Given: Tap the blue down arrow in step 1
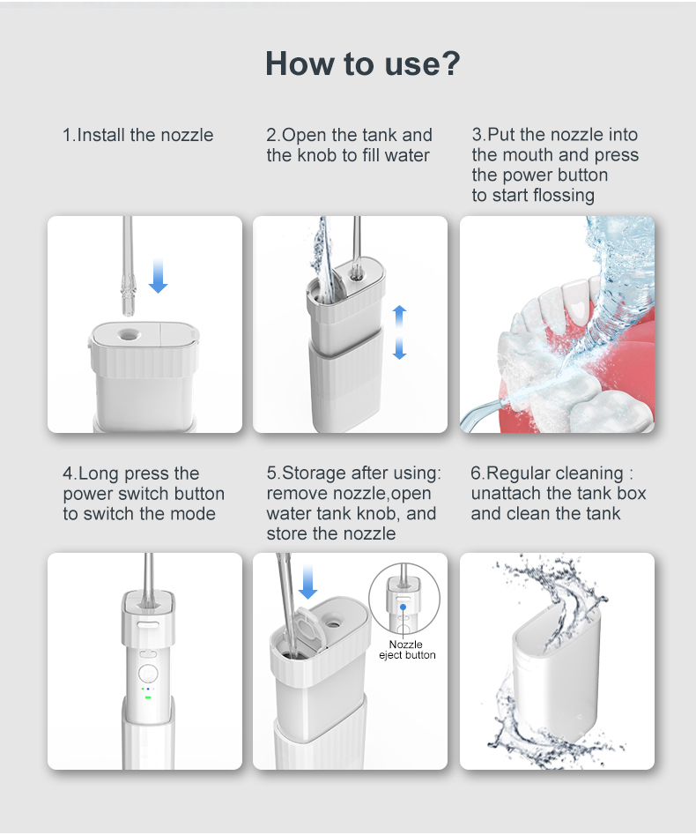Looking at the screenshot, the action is tap(158, 276).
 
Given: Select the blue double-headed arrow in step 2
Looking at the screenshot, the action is tap(400, 332).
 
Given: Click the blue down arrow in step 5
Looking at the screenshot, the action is tap(307, 582).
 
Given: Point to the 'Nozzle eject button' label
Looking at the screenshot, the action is tap(407, 650).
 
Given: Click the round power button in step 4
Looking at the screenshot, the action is tap(148, 673).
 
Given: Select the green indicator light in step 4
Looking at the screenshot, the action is tap(148, 697).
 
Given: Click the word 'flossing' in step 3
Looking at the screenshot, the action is tap(564, 196).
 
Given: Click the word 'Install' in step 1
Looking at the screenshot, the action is tap(101, 135).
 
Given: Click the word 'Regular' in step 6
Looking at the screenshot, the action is tap(521, 473).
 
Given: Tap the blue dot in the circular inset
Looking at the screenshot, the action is tap(404, 608).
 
